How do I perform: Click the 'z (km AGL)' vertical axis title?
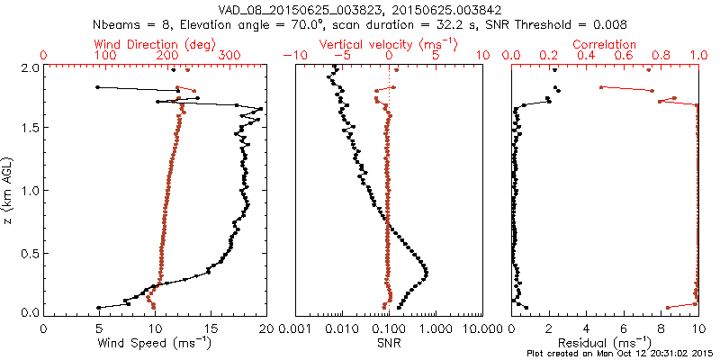[10, 190]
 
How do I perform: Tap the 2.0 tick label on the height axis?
[30, 67]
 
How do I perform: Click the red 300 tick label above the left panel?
[229, 56]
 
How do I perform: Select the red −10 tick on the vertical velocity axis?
[294, 56]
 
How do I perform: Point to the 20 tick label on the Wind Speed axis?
[264, 329]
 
